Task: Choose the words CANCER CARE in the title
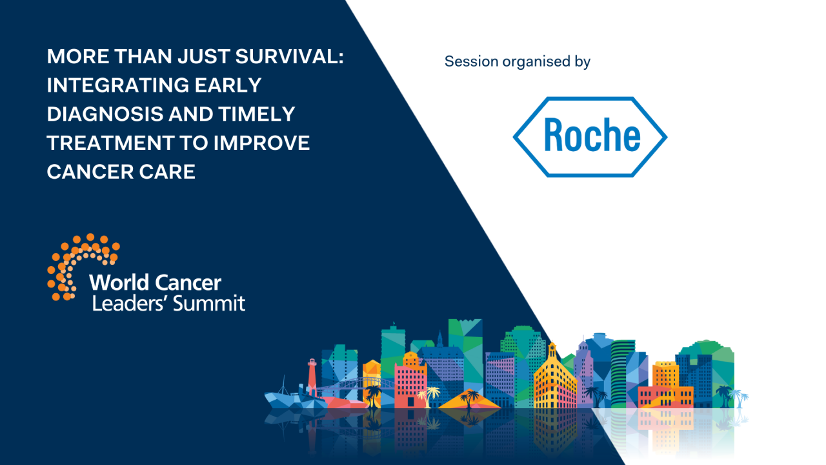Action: pos(121,172)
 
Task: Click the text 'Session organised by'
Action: pos(518,62)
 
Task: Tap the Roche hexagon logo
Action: pos(590,136)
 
